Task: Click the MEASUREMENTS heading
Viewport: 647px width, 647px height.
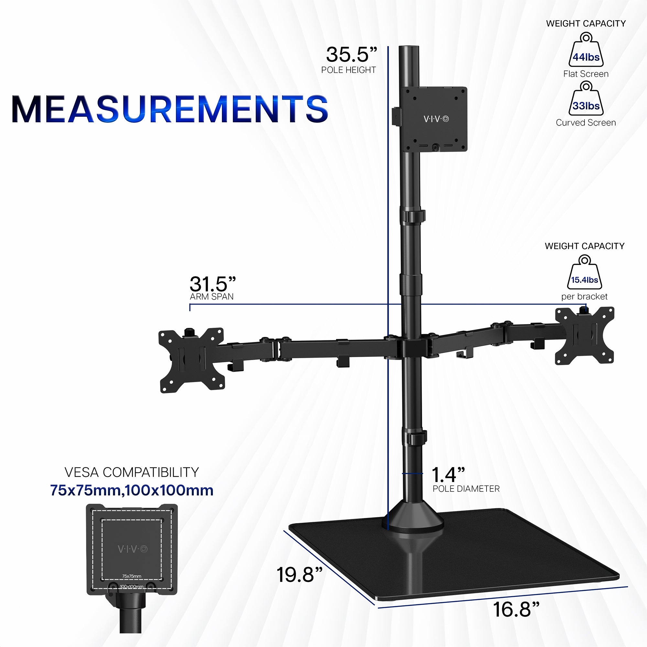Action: pyautogui.click(x=170, y=109)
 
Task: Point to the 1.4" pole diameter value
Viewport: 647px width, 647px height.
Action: pyautogui.click(x=448, y=475)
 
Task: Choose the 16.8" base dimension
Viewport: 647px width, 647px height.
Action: pyautogui.click(x=516, y=609)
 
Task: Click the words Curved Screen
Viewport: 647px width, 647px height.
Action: pyautogui.click(x=586, y=123)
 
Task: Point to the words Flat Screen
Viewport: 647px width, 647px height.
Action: pyautogui.click(x=586, y=74)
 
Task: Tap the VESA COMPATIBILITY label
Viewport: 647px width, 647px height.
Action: pyautogui.click(x=132, y=472)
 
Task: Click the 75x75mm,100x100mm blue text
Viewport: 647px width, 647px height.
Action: pyautogui.click(x=132, y=490)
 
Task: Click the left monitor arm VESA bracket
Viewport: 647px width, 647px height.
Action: pyautogui.click(x=192, y=360)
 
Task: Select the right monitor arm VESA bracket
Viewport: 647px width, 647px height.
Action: pyautogui.click(x=584, y=335)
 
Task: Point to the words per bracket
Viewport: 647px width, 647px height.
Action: pyautogui.click(x=584, y=296)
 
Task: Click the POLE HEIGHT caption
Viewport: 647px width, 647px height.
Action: pyautogui.click(x=348, y=70)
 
